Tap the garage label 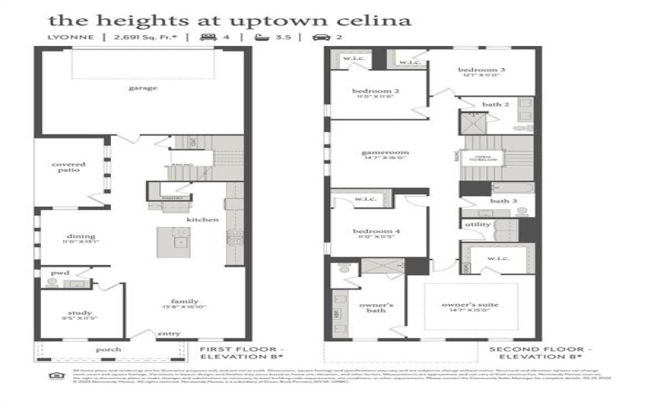coord(142,88)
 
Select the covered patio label coord(69,168)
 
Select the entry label coord(169,333)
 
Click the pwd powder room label coord(59,272)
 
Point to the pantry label coord(172,198)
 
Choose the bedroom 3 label coord(481,71)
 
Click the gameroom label coord(385,153)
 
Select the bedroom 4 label coord(376,232)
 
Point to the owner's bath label coord(377,308)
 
